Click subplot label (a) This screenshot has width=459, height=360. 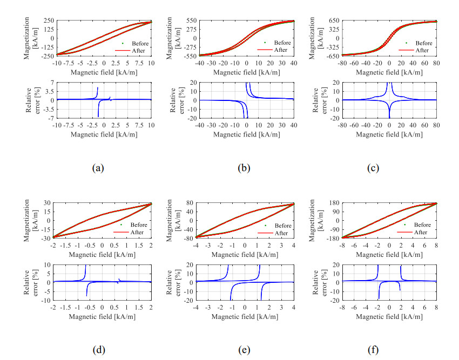(x=98, y=168)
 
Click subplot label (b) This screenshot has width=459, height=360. (x=244, y=168)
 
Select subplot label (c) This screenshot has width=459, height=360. (x=372, y=168)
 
